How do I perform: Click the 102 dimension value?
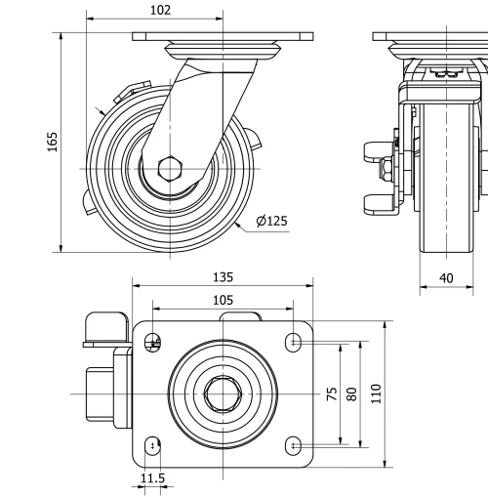[x=162, y=10]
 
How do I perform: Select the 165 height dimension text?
[x=53, y=142]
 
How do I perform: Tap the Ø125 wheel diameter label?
[x=271, y=222]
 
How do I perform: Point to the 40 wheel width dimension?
[x=446, y=278]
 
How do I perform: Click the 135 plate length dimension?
[x=224, y=277]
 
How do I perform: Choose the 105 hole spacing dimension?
[x=223, y=300]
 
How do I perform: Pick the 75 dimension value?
[x=332, y=393]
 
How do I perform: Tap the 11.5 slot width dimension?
[x=152, y=478]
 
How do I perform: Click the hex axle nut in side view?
[x=170, y=168]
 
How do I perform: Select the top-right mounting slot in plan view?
[x=295, y=341]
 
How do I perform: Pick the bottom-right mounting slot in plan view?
[x=295, y=446]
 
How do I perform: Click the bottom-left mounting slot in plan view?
[x=150, y=446]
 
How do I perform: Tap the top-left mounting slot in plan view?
[x=150, y=341]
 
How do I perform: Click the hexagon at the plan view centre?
[x=223, y=393]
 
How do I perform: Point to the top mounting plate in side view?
[x=224, y=37]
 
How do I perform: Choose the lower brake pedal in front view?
[x=377, y=203]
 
